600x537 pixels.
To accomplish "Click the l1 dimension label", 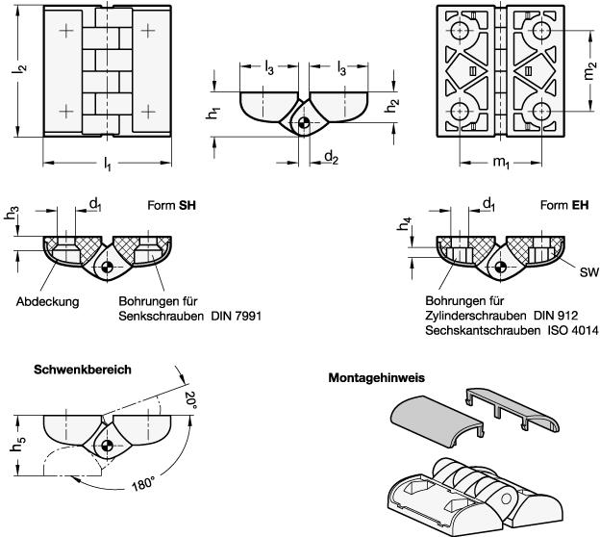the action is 108,165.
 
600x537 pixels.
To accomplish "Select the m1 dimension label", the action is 501,163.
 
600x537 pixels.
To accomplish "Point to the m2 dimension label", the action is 589,70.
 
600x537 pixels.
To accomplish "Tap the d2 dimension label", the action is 332,157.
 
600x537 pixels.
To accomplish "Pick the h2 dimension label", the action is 391,106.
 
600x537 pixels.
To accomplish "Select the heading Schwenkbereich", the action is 83,370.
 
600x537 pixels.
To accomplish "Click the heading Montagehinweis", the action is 377,378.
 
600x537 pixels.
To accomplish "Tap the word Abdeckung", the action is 47,302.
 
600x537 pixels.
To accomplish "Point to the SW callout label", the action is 588,272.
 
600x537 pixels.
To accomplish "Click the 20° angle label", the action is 190,400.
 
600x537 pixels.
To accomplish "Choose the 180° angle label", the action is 143,484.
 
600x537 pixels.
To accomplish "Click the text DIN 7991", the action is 237,316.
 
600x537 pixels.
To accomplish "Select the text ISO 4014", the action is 572,330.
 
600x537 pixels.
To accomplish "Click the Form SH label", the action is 172,206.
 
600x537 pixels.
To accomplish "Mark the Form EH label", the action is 564,205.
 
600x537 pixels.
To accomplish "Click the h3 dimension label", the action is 12,214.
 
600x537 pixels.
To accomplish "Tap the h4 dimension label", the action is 405,223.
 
